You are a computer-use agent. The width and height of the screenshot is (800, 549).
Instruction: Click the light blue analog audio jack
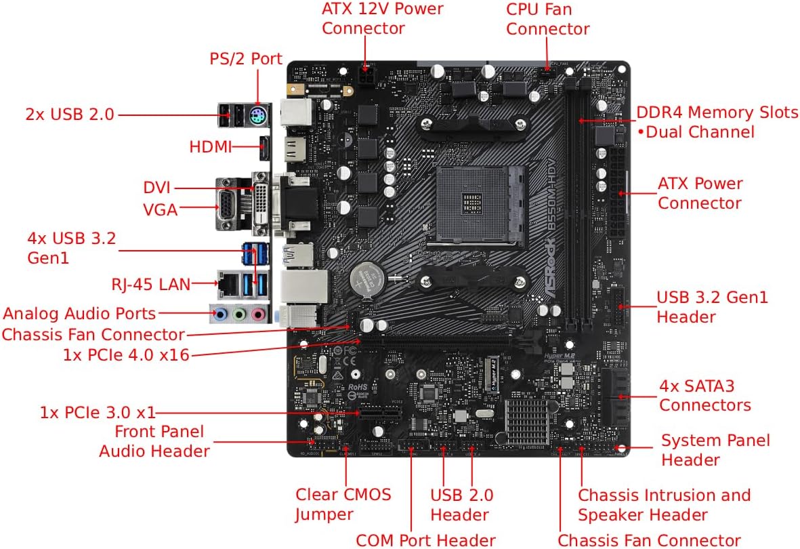(x=219, y=314)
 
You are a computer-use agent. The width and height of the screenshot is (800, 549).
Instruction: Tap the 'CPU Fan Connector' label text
(x=548, y=19)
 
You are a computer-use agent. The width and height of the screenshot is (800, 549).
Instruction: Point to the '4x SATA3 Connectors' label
(x=704, y=396)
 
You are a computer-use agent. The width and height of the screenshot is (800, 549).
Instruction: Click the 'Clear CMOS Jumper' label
(x=343, y=504)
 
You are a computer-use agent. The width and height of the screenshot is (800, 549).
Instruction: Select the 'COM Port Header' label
(x=426, y=540)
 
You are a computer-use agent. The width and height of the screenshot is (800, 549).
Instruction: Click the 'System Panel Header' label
(x=715, y=450)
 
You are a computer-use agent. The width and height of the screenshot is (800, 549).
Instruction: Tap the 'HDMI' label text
(x=211, y=146)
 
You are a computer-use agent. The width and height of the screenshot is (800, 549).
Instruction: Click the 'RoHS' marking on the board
(x=358, y=384)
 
